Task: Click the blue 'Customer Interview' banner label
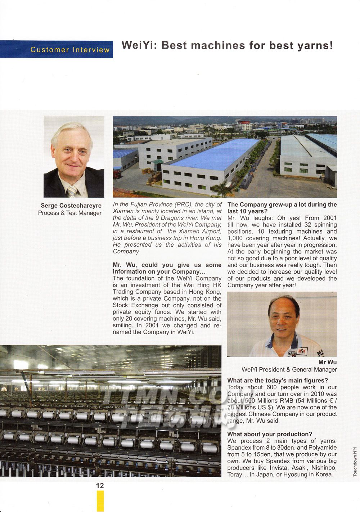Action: tap(70, 50)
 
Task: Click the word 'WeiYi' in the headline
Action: tap(139, 45)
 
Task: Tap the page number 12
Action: tap(100, 486)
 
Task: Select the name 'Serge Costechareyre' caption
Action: tap(71, 206)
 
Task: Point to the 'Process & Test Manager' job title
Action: tap(70, 213)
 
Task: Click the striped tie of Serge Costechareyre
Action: tap(72, 191)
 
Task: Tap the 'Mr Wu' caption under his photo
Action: tap(327, 362)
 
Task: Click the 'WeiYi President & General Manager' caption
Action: tap(289, 369)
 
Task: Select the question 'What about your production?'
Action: tap(270, 434)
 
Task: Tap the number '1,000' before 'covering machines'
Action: tap(235, 238)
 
